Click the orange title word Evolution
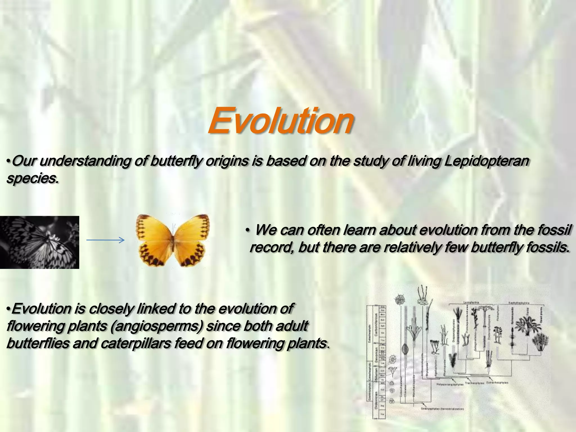281,121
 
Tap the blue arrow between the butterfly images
105,240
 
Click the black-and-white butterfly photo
39,242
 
